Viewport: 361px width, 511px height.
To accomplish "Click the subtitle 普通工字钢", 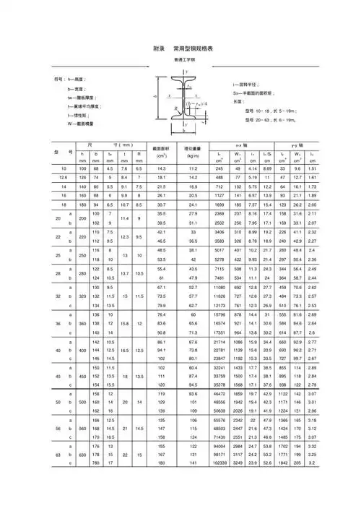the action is coord(184,60).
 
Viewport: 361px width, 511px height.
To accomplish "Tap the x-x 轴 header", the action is coord(245,146).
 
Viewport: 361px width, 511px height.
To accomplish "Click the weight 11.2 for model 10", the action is coord(193,167).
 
